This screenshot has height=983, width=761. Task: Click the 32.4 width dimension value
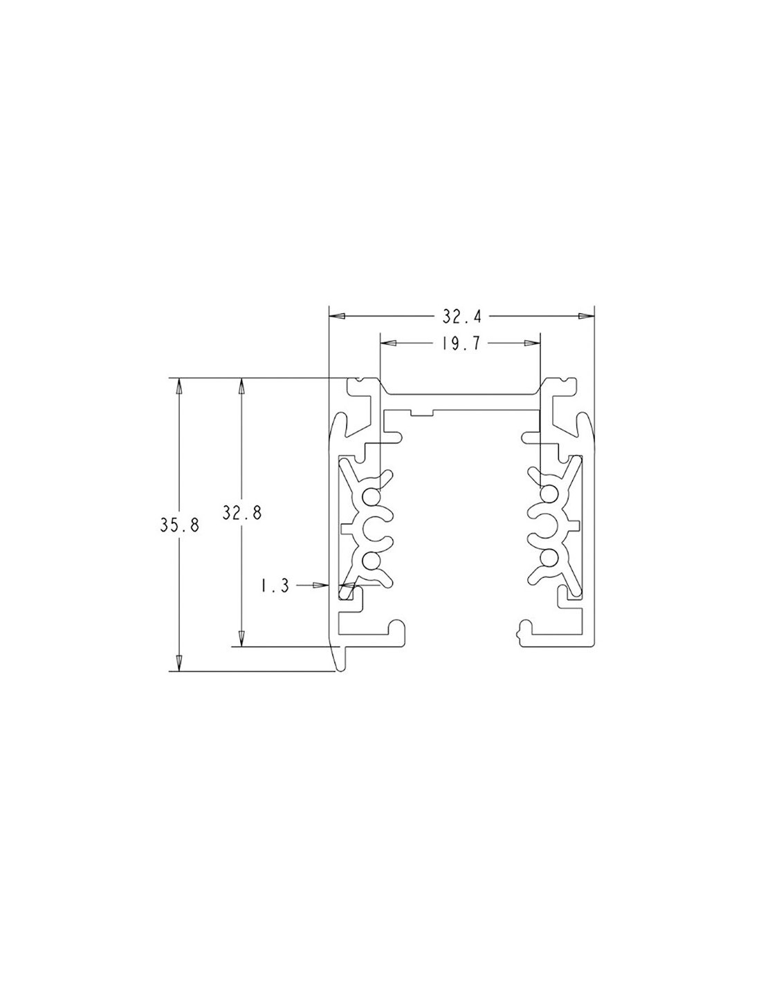point(461,317)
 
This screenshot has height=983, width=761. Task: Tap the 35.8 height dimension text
point(179,525)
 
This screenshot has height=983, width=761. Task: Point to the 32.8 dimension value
point(242,513)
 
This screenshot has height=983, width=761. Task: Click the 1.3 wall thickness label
point(275,586)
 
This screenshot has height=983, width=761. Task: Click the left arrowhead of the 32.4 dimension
point(336,316)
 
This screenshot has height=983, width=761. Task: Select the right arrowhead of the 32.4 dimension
point(586,316)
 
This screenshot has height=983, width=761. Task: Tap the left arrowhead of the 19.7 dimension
point(388,344)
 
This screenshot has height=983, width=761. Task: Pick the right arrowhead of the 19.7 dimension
point(533,344)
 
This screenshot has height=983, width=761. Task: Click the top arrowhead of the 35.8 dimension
point(179,387)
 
